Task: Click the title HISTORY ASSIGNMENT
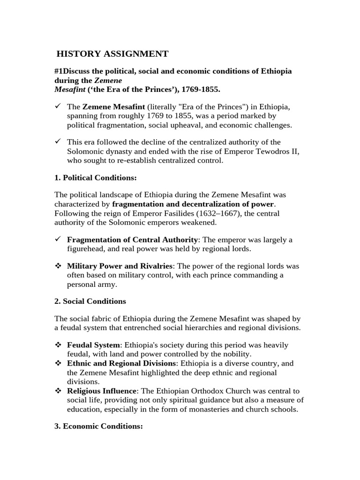click(x=112, y=54)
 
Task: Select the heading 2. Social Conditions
click(x=90, y=301)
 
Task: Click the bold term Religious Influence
click(x=101, y=390)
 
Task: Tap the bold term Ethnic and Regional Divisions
click(x=121, y=363)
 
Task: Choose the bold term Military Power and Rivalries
click(x=120, y=266)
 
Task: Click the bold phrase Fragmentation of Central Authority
click(x=132, y=240)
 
